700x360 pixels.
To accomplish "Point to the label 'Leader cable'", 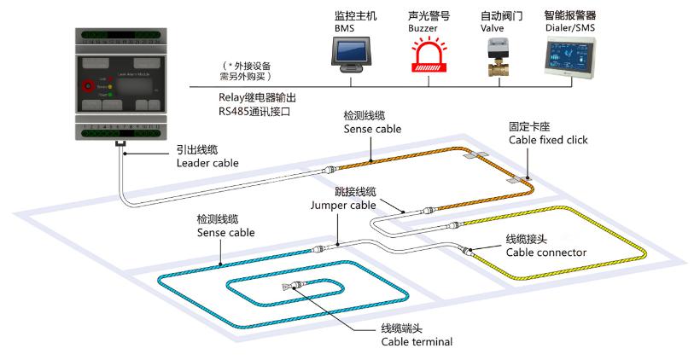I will [x=205, y=162].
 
